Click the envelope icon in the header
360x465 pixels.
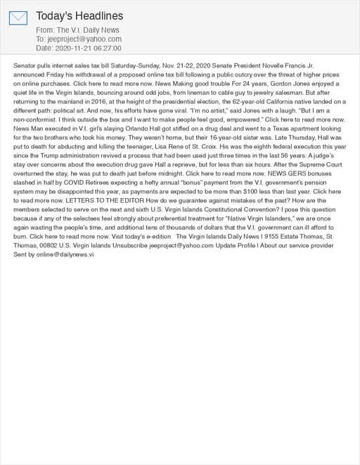coord(18,18)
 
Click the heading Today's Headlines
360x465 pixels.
coord(79,15)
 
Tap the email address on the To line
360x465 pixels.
coord(84,39)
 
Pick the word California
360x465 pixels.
coord(255,100)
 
